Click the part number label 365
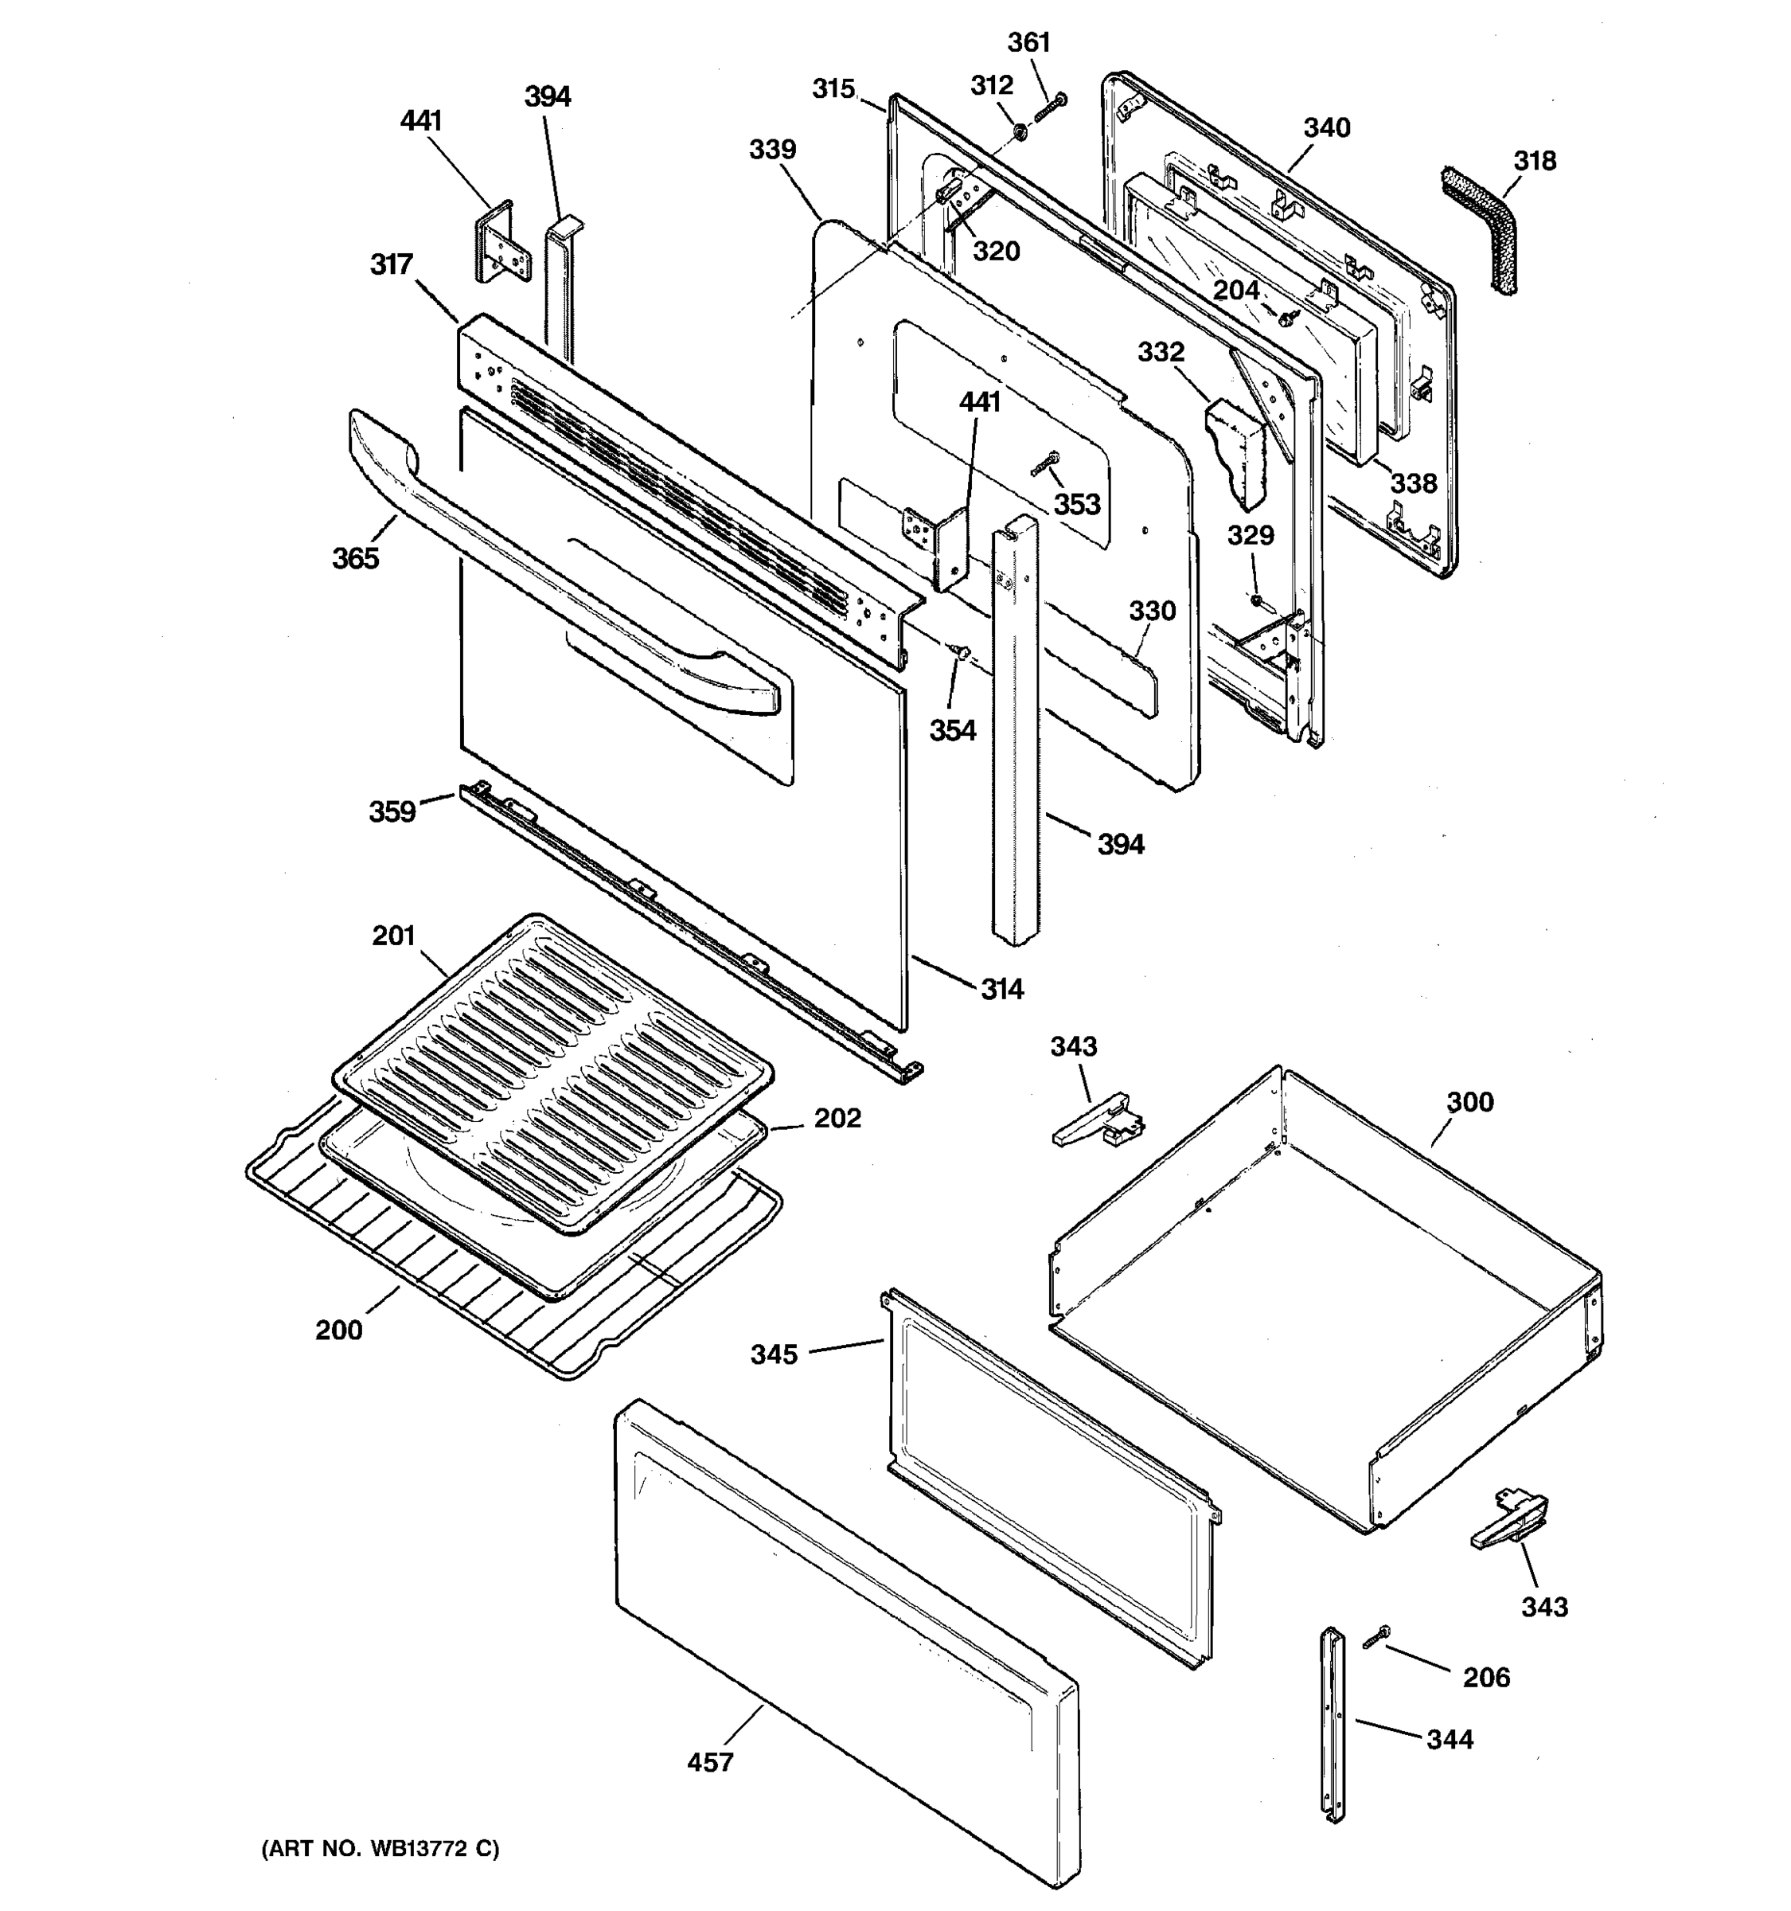(x=356, y=558)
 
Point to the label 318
(x=1535, y=161)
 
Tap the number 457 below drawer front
(x=710, y=1762)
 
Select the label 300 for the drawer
(x=1470, y=1102)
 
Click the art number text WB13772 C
(x=380, y=1849)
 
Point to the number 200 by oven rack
(x=339, y=1331)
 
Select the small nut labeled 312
(x=1016, y=130)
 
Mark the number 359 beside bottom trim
(x=392, y=811)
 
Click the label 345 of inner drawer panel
(x=775, y=1354)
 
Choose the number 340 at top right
(x=1327, y=128)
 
